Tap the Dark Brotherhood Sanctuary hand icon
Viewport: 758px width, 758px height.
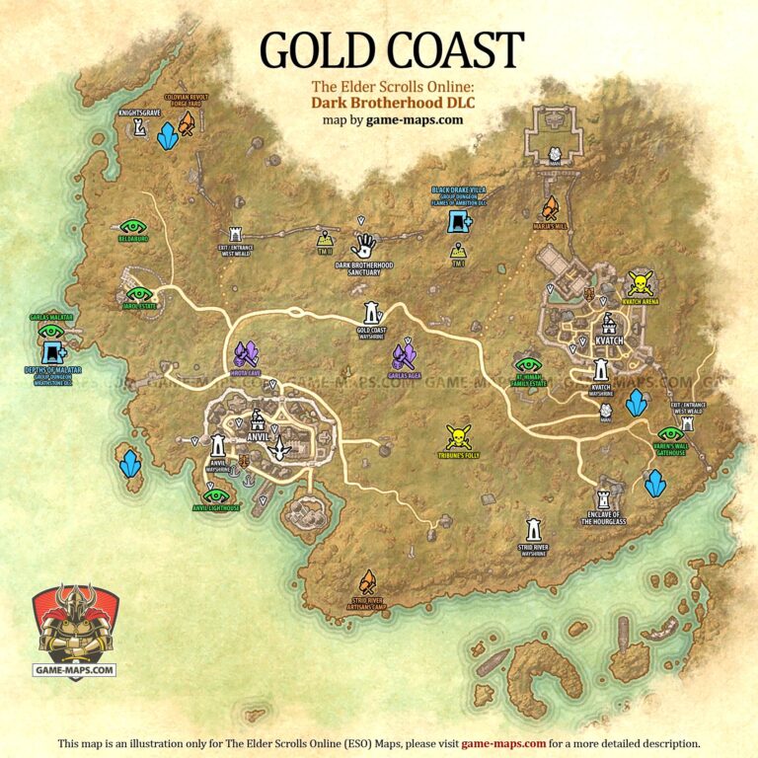click(x=364, y=244)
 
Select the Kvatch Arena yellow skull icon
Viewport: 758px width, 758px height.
click(x=641, y=283)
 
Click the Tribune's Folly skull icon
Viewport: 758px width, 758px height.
click(x=457, y=435)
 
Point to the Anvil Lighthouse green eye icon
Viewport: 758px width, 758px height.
click(x=216, y=494)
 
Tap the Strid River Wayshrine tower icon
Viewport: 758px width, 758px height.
click(x=533, y=522)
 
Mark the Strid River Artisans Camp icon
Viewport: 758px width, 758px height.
click(x=367, y=581)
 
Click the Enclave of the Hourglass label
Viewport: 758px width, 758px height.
click(x=602, y=517)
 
